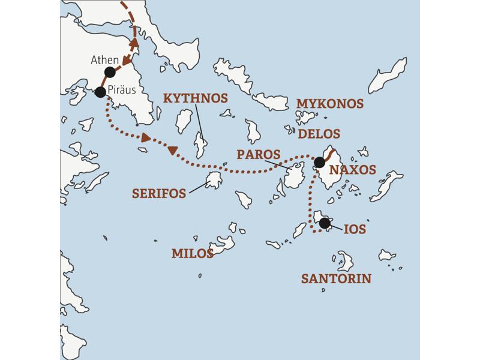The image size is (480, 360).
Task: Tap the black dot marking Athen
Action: pyautogui.click(x=110, y=72)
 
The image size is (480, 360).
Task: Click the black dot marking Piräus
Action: pyautogui.click(x=100, y=92)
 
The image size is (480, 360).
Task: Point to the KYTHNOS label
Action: pyautogui.click(x=196, y=98)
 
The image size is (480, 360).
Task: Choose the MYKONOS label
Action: pyautogui.click(x=330, y=104)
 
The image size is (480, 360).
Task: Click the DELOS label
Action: pyautogui.click(x=319, y=133)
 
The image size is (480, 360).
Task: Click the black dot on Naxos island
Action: pyautogui.click(x=319, y=162)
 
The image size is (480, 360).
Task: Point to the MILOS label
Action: pyautogui.click(x=193, y=253)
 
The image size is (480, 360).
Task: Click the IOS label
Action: pyautogui.click(x=355, y=230)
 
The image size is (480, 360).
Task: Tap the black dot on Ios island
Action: pyautogui.click(x=325, y=223)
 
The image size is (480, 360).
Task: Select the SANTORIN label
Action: pyautogui.click(x=336, y=278)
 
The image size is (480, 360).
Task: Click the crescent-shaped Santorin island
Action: pyautogui.click(x=345, y=262)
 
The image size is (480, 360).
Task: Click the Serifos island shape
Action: pyautogui.click(x=214, y=180)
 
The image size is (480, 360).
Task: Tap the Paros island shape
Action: pyautogui.click(x=294, y=178)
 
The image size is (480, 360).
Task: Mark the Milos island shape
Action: pyautogui.click(x=222, y=243)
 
